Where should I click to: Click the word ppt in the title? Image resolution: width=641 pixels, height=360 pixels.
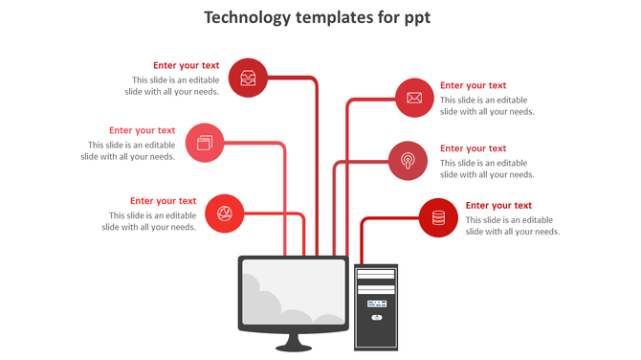(418, 18)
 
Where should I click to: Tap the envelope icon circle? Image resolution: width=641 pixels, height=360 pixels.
(414, 98)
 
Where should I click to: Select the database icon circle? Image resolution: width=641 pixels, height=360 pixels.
(438, 217)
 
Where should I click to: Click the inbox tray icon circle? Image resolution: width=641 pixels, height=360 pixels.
(248, 79)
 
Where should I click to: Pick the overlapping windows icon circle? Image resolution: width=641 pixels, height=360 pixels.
(204, 143)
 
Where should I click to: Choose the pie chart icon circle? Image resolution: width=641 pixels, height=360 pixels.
(225, 213)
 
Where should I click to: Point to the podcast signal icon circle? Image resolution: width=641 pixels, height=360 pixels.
(408, 160)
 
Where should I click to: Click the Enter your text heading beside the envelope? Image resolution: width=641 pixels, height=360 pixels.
(473, 85)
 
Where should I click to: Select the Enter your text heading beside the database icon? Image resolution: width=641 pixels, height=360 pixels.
(498, 205)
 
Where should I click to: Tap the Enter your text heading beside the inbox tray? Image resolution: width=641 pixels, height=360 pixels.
(186, 66)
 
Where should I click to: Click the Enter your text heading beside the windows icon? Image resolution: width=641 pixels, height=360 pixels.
(142, 130)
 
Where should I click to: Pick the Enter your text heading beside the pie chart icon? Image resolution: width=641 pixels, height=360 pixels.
(163, 201)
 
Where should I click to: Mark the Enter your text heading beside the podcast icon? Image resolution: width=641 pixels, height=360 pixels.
(473, 148)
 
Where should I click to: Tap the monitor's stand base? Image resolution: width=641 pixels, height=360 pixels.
(293, 347)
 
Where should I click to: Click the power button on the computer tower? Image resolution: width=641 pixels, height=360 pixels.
(376, 317)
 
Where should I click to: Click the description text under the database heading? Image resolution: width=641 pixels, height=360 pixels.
(512, 226)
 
